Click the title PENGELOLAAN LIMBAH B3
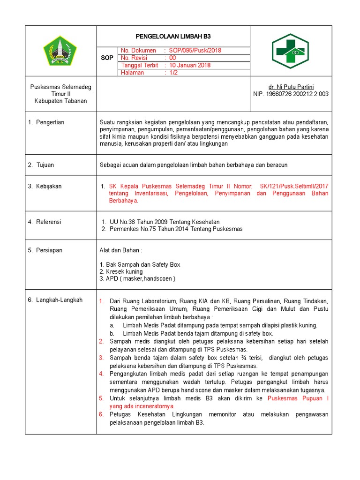pos(173,36)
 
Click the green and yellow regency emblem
pos(60,51)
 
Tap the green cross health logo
pos(290,51)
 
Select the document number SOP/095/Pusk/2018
pos(195,51)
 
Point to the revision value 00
pos(173,58)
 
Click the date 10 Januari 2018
pos(190,66)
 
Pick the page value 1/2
pos(174,73)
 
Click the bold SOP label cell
pos(107,58)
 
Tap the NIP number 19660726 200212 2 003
pos(291,94)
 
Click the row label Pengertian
pos(46,122)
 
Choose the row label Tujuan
pos(41,165)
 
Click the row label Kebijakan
pos(45,187)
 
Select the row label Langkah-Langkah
pos(55,300)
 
